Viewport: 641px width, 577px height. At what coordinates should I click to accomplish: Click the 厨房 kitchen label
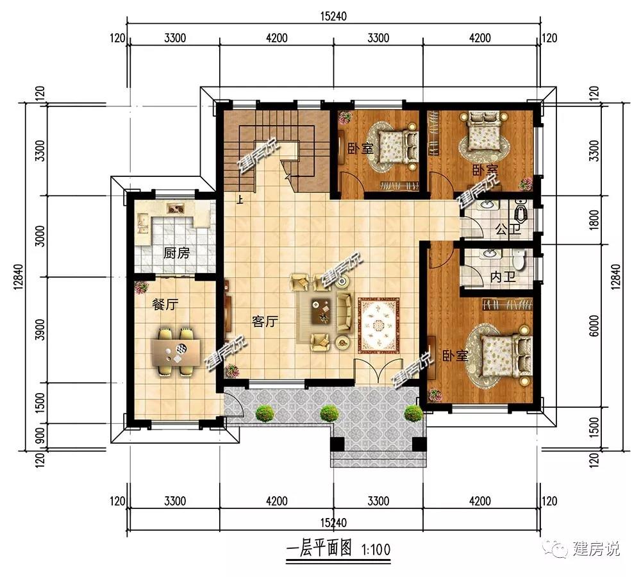177,253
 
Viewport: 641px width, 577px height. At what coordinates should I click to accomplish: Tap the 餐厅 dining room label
165,305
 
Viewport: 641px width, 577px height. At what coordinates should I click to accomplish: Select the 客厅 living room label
265,322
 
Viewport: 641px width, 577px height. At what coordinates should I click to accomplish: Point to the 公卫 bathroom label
508,230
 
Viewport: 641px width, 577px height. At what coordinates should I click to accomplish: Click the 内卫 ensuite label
503,277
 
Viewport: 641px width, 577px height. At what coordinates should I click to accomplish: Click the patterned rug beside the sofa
379,326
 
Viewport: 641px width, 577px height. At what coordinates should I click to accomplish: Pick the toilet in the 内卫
519,260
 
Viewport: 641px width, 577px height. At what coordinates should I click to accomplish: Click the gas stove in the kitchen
176,208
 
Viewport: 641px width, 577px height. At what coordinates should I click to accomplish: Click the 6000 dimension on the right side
594,326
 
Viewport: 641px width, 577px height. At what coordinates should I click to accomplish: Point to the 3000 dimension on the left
40,236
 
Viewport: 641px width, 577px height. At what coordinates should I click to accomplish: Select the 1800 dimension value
594,220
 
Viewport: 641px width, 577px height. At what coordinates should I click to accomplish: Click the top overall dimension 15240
333,17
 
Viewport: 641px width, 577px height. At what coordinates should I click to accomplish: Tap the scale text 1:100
376,549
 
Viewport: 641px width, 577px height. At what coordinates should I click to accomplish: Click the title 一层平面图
319,548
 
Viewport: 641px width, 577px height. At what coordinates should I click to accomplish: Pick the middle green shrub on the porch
329,413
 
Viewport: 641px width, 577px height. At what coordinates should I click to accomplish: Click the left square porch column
337,444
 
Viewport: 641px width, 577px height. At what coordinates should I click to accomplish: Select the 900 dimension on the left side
40,437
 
